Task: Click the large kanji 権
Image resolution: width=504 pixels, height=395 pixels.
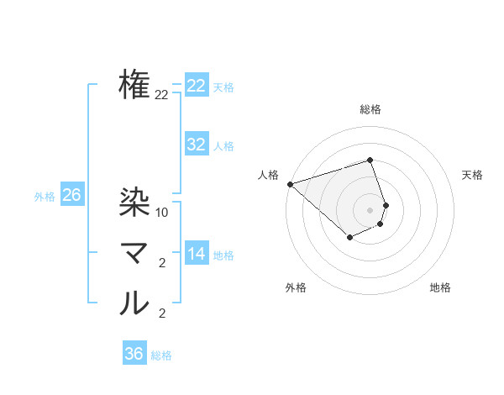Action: [134, 85]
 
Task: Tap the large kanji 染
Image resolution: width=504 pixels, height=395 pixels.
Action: [134, 202]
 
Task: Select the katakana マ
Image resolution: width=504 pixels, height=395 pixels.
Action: [134, 253]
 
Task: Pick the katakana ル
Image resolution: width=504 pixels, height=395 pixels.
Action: [134, 303]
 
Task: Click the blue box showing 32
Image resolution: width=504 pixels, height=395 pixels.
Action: [197, 145]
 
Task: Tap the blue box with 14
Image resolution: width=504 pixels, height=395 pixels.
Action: [197, 254]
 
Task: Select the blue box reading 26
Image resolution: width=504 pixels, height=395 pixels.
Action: [71, 196]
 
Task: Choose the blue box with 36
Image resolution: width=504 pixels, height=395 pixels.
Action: [134, 354]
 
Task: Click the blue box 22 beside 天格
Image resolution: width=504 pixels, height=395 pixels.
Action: [197, 86]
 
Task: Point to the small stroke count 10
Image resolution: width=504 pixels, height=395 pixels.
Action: [163, 213]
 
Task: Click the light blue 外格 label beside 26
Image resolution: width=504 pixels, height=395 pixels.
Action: [45, 197]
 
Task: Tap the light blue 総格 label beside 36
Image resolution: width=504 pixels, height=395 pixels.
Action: [161, 355]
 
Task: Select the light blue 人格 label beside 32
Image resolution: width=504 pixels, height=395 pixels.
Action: [223, 146]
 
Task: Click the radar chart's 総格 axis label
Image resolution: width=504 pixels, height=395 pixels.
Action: [370, 109]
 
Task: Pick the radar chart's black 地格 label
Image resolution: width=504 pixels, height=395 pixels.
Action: [440, 287]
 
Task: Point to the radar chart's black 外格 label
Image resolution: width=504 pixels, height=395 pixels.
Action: [296, 287]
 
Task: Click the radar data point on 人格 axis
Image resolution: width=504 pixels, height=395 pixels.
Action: [290, 183]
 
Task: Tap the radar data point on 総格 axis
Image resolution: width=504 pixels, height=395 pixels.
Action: [370, 160]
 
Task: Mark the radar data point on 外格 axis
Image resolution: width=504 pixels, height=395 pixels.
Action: [349, 238]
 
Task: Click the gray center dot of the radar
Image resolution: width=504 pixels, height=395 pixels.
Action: [370, 209]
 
